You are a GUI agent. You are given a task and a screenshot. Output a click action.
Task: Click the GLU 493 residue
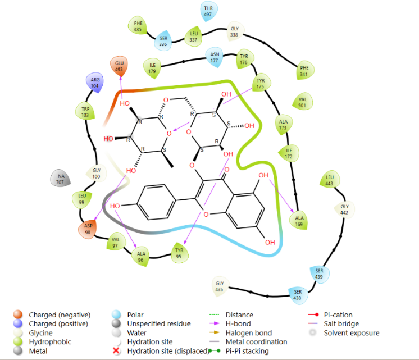(119, 66)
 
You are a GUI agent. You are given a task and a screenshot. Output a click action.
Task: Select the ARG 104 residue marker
(94, 83)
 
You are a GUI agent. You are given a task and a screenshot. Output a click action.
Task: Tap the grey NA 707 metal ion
(61, 179)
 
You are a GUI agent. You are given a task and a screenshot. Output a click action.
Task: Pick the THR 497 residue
(209, 11)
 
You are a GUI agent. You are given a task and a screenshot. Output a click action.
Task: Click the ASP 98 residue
(88, 229)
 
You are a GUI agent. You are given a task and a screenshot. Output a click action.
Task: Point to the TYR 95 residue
(179, 253)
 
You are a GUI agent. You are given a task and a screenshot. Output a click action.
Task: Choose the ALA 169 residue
(299, 221)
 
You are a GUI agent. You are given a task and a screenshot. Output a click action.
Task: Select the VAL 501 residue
(303, 102)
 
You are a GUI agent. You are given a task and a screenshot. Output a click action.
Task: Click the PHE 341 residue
(304, 71)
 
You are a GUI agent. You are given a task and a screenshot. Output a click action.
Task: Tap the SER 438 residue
(298, 295)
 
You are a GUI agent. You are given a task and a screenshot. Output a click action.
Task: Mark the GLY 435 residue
(220, 286)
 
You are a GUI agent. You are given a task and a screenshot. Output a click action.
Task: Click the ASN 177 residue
(215, 57)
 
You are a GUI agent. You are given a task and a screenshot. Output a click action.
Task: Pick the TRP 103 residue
(85, 111)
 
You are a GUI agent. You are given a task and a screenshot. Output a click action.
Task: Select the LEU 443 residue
(330, 180)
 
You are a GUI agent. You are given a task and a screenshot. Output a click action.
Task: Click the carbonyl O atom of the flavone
(227, 170)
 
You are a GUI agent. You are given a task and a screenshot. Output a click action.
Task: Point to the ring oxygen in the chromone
(206, 215)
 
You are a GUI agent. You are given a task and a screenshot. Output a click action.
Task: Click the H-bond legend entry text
(238, 323)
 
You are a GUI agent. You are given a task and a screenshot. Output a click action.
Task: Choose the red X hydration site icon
(116, 350)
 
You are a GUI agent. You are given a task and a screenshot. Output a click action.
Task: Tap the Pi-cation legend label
(338, 315)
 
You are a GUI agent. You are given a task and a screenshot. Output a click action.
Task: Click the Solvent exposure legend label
(352, 332)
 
